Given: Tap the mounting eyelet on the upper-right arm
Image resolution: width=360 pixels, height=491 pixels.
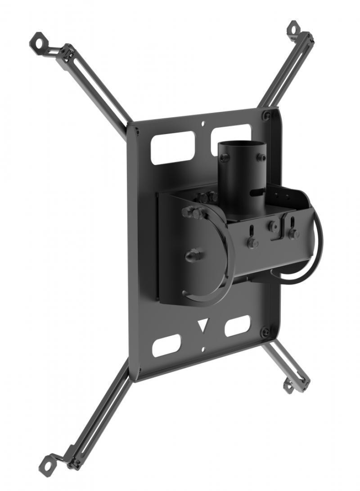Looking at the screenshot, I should click(293, 27).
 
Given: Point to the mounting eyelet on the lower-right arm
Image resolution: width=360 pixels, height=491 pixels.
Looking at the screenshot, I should click(288, 385).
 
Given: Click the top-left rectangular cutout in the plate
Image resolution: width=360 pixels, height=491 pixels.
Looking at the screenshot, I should click(172, 148).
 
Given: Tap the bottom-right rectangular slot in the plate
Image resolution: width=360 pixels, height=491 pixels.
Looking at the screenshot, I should click(237, 326).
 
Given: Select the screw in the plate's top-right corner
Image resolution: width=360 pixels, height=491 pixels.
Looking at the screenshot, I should click(268, 115).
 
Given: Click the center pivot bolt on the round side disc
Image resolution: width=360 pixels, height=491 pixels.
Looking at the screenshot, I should click(192, 256).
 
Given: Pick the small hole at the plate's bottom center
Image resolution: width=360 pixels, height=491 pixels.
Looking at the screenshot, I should click(203, 349).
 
